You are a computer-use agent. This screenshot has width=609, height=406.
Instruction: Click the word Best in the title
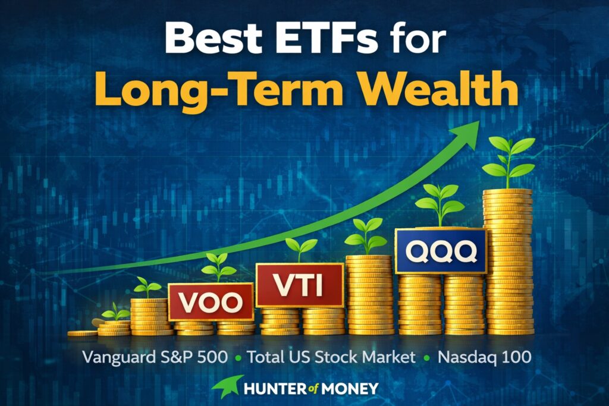(x=214, y=37)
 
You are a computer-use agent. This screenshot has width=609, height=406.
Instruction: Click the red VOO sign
(x=211, y=302)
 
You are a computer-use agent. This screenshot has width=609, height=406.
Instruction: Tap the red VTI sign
(x=300, y=285)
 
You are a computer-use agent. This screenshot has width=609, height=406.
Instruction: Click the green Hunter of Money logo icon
(x=227, y=386)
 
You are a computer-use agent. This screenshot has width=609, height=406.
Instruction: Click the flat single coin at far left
(x=82, y=333)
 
